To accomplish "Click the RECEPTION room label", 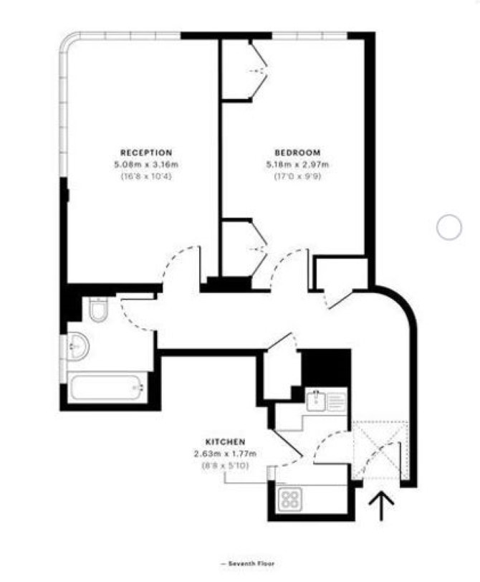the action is [146, 153].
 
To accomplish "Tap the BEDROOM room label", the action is [297, 153].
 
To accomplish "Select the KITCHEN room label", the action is [226, 442].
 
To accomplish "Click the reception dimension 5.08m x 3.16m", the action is [146, 164].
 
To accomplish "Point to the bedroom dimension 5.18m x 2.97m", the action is [297, 164].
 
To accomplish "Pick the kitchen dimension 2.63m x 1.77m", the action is [226, 454].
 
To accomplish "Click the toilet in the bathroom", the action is [99, 309].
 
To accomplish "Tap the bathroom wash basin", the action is [78, 346].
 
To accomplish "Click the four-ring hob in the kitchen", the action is [290, 498].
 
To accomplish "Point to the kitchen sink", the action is [316, 400].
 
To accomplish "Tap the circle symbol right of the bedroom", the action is [449, 227].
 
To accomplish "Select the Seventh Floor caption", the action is [248, 563].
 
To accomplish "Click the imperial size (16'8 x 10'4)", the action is [146, 176].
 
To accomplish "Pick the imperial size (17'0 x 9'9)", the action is [297, 176].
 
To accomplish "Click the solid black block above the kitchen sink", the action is [326, 368].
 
